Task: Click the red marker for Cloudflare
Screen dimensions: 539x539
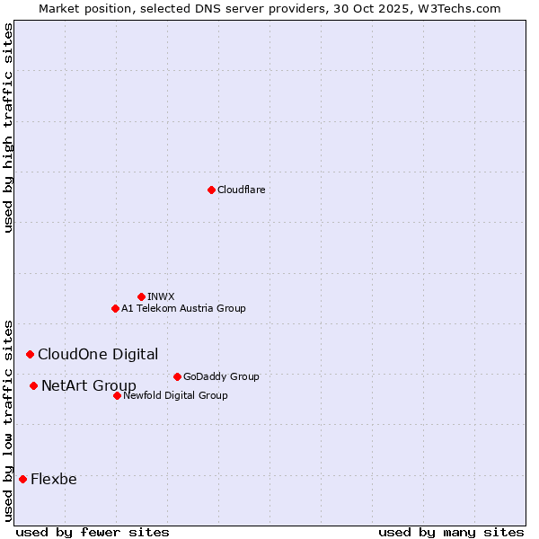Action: coord(211,190)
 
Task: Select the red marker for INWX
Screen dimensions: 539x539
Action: coord(141,296)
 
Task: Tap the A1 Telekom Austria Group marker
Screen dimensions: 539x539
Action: coord(115,308)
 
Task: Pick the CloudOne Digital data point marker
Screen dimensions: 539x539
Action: coord(30,355)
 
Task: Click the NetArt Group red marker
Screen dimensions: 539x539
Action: coord(33,386)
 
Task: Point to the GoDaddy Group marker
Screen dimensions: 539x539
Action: coord(177,376)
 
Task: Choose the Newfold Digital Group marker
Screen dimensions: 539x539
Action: coord(117,395)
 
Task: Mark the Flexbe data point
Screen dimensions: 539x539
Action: coord(22,480)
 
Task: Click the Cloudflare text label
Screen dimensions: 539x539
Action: coord(242,190)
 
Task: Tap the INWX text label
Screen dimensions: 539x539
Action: coord(161,296)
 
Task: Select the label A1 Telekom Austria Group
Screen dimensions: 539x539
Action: coord(183,308)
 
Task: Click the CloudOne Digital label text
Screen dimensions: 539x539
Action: coord(98,355)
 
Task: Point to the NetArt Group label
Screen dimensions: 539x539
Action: coord(89,386)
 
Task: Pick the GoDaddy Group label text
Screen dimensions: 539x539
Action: coord(221,376)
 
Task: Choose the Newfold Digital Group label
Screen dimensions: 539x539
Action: coord(175,395)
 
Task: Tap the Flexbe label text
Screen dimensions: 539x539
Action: coord(54,480)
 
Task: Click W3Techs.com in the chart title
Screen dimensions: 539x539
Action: coord(463,8)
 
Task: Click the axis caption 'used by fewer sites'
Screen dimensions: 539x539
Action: coord(93,532)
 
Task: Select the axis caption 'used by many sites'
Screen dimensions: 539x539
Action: coord(451,532)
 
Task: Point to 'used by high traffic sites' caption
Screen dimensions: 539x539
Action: coord(8,128)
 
